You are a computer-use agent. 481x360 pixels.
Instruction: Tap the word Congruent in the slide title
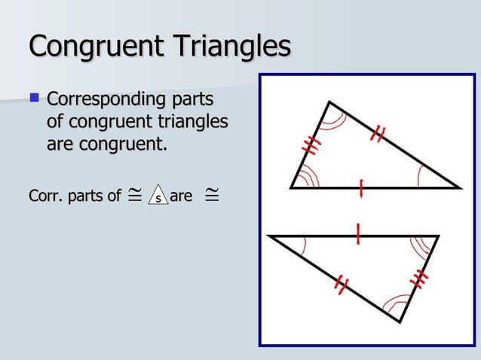[x=90, y=45]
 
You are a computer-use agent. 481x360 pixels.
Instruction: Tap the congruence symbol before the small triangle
[x=133, y=196]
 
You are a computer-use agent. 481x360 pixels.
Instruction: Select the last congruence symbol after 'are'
[x=212, y=196]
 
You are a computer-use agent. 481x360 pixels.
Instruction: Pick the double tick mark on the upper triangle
[x=378, y=134]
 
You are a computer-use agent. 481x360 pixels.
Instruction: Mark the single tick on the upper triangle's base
[x=363, y=188]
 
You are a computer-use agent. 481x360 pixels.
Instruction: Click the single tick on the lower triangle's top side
[x=358, y=236]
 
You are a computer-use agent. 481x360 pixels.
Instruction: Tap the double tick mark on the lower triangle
[x=342, y=285]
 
